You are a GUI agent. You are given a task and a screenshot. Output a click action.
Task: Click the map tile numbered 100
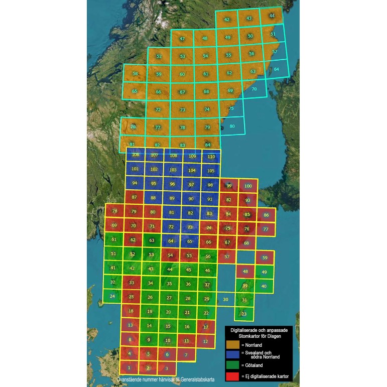point(248,186)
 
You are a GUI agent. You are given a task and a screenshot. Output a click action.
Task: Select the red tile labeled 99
point(229,186)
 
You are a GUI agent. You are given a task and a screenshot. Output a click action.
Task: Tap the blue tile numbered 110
point(211,157)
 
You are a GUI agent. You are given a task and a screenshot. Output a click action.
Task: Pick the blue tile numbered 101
point(135,169)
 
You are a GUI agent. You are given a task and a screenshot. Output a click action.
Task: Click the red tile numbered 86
point(266,215)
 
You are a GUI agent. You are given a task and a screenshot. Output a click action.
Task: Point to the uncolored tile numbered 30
point(226,299)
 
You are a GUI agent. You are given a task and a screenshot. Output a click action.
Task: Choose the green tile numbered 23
point(244,314)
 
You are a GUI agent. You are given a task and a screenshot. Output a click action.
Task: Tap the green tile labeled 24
point(112,296)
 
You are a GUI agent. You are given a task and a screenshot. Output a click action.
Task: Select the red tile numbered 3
point(167,368)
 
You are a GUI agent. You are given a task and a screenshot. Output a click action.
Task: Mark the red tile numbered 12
point(205,341)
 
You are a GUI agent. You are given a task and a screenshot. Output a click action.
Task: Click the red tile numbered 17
point(206,327)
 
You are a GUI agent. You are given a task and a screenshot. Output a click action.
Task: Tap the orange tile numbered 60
point(182,74)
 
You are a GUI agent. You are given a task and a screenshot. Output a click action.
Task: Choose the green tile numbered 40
point(264,286)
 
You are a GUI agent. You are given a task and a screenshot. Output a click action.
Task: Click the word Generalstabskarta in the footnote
point(193,380)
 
